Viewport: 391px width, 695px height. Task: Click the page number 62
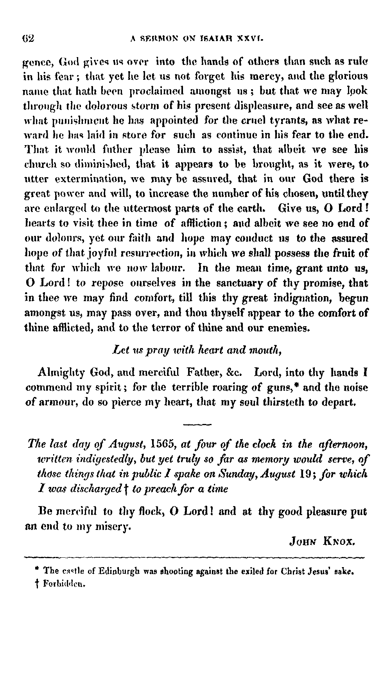point(29,38)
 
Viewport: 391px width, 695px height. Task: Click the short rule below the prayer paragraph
point(197,424)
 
